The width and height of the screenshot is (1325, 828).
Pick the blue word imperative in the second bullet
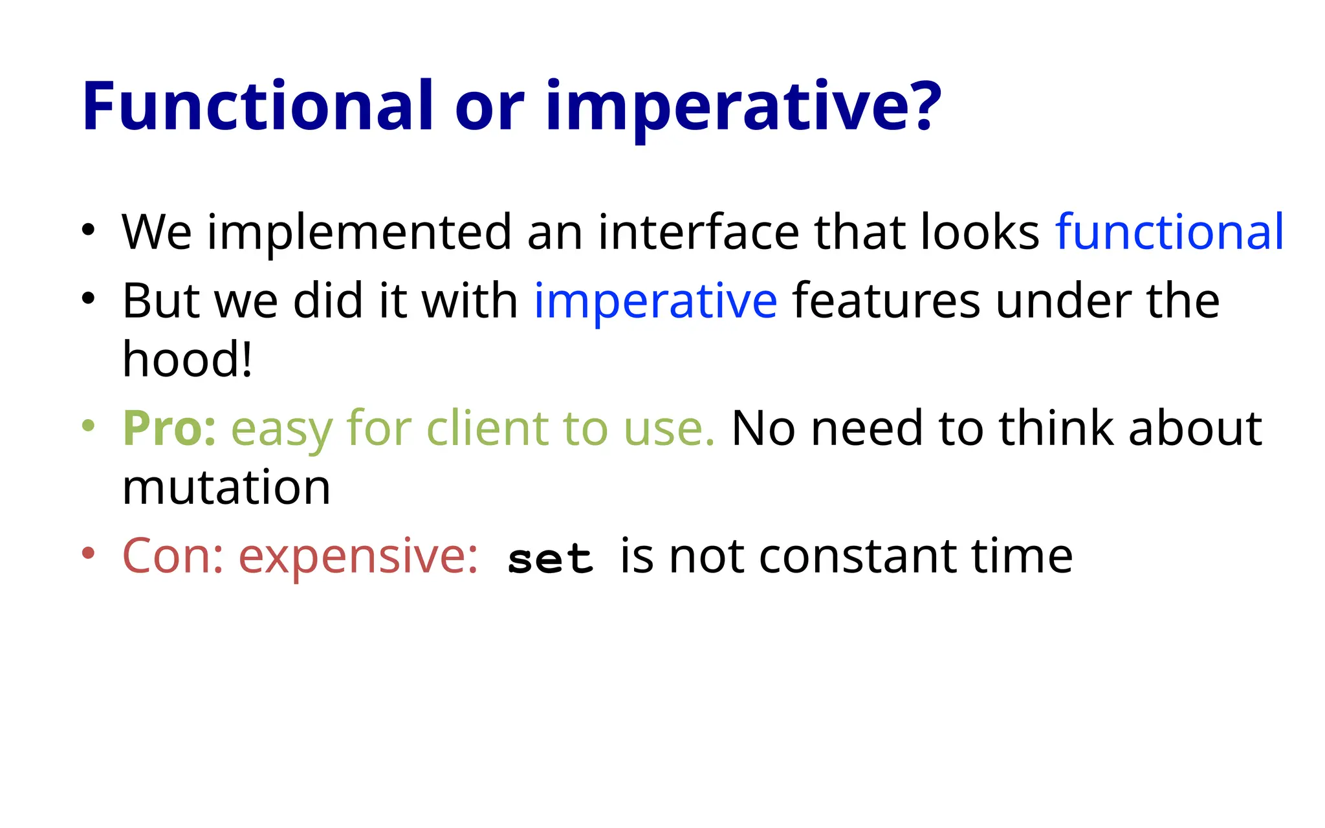[x=655, y=302]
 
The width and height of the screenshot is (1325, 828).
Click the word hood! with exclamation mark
[x=187, y=359]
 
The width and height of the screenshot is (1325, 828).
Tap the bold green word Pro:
[x=170, y=429]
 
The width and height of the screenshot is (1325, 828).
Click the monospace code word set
[x=550, y=560]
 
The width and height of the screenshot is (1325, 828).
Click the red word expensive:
[x=358, y=558]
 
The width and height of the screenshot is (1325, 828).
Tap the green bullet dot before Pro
[x=89, y=426]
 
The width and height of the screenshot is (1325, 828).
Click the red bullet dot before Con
[x=89, y=553]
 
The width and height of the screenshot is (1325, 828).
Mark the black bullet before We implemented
[x=89, y=230]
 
